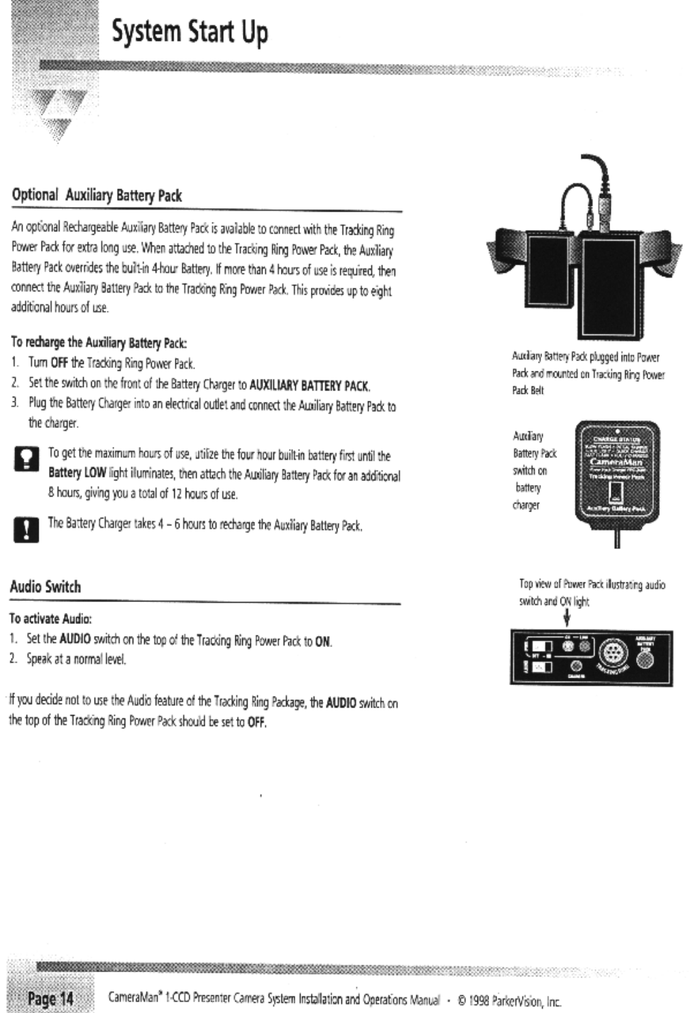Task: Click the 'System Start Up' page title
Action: [190, 32]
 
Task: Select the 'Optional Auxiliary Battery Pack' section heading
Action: [97, 196]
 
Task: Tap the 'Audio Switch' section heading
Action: [45, 586]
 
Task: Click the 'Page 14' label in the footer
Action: [50, 999]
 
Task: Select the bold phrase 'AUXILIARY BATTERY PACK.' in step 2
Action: [309, 386]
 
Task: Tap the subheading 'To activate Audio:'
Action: [50, 619]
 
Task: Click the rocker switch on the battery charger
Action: [616, 491]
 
